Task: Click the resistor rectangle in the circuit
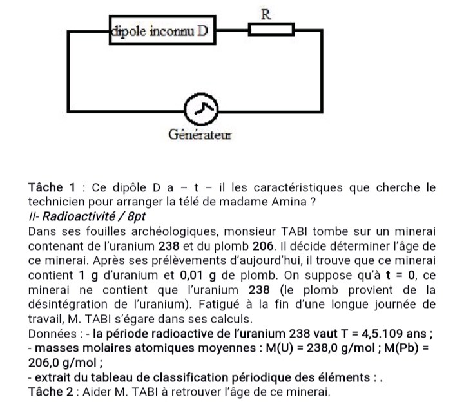point(271,29)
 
